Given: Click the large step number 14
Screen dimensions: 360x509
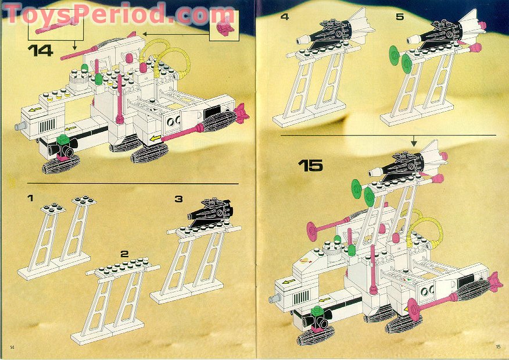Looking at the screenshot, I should pyautogui.click(x=40, y=51).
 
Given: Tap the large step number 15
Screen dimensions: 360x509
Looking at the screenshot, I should pyautogui.click(x=310, y=165).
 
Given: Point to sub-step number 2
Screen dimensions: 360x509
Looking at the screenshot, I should pyautogui.click(x=124, y=254).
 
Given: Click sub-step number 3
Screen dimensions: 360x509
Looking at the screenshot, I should pyautogui.click(x=178, y=199).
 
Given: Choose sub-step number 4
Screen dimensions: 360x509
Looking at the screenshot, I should pyautogui.click(x=284, y=17).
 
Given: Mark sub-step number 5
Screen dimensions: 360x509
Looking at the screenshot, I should pyautogui.click(x=399, y=17).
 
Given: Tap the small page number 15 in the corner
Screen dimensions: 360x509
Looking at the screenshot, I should pyautogui.click(x=497, y=347).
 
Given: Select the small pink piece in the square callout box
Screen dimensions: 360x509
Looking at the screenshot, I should pyautogui.click(x=223, y=27).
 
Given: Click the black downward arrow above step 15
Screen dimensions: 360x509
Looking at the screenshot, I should pyautogui.click(x=413, y=141).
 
